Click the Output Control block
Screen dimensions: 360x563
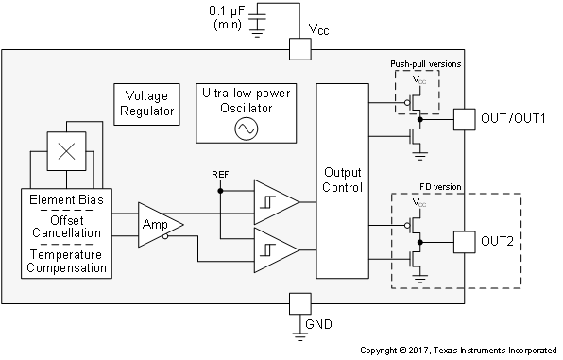342,180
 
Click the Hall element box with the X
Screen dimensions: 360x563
67,150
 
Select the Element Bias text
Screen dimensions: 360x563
67,200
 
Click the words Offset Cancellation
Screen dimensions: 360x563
67,224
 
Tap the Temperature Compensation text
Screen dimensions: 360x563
67,261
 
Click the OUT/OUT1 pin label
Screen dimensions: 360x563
514,119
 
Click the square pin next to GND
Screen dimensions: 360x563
299,303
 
